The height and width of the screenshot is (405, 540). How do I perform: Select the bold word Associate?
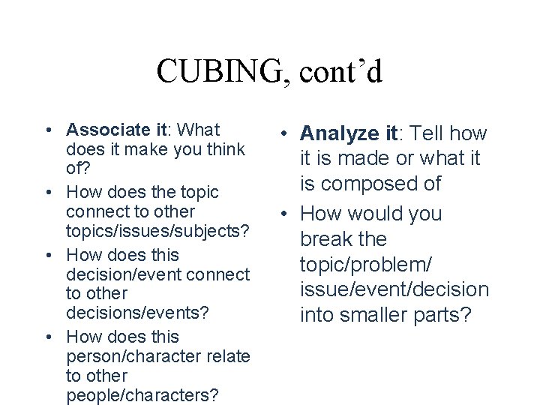tap(103, 129)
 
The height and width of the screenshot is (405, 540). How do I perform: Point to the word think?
tap(224, 149)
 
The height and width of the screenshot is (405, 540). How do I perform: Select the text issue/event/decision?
tap(394, 289)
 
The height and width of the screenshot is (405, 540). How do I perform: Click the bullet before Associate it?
tap(47, 129)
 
